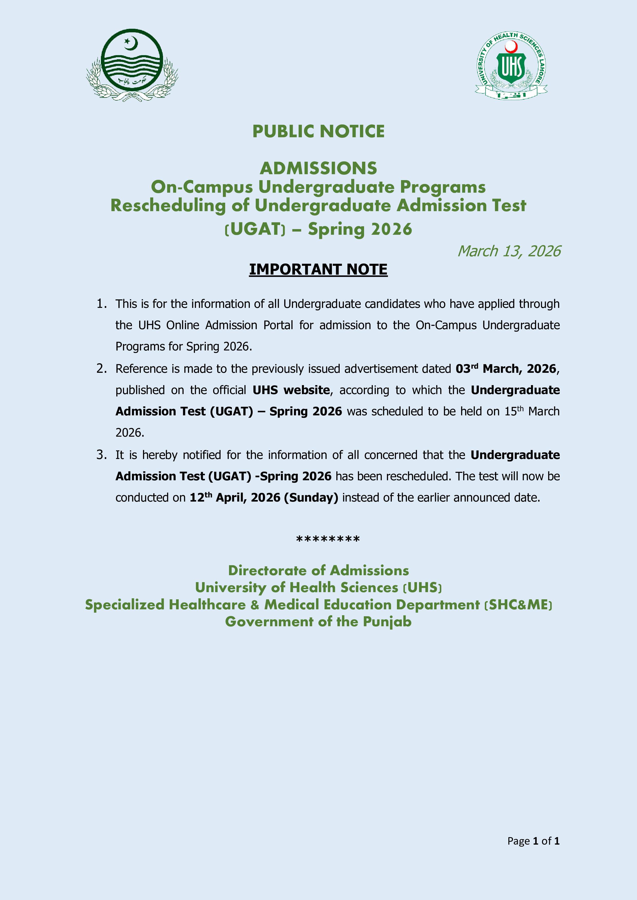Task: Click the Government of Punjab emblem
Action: click(x=132, y=65)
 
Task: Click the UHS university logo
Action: click(x=511, y=65)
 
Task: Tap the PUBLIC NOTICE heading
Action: click(x=318, y=132)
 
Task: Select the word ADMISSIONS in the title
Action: click(x=318, y=169)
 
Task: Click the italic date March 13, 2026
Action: click(x=509, y=251)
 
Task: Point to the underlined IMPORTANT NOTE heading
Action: click(x=318, y=270)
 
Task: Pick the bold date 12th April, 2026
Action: click(x=235, y=497)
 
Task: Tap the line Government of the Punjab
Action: click(x=318, y=622)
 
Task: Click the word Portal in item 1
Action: click(x=278, y=325)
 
